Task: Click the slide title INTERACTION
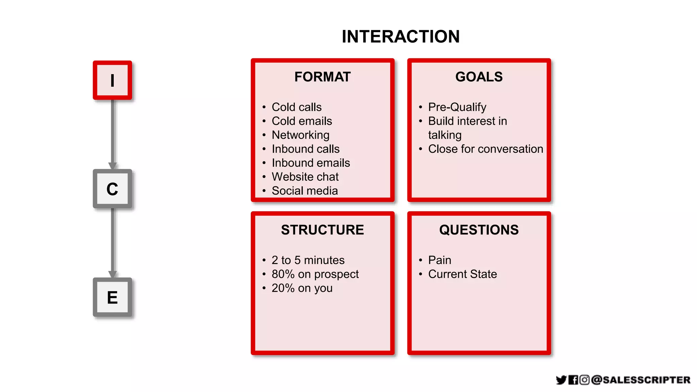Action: (401, 37)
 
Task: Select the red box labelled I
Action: (112, 81)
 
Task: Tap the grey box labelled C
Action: (112, 189)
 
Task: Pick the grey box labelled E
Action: (112, 297)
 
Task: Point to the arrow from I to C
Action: (113, 134)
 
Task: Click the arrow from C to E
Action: (113, 243)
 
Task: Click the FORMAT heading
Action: (322, 77)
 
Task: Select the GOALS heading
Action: (479, 77)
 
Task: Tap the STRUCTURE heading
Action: (322, 230)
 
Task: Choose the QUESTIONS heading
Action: (479, 230)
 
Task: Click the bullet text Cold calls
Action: (296, 107)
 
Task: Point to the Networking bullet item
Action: (301, 135)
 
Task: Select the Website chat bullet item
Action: (305, 177)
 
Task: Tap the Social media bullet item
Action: (305, 191)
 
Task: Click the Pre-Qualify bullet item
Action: (457, 107)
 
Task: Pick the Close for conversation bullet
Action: (485, 149)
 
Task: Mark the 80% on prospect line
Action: (315, 274)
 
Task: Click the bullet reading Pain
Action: (439, 260)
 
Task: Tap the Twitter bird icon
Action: (561, 380)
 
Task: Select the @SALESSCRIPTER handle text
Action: (641, 380)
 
